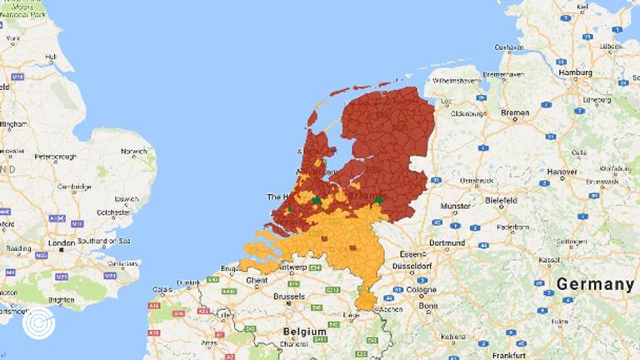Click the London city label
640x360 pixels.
click(x=62, y=243)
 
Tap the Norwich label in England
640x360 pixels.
click(x=133, y=152)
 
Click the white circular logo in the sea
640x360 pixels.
click(x=38, y=322)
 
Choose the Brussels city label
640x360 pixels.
click(x=288, y=296)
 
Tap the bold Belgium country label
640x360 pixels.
click(x=304, y=331)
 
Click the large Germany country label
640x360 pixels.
click(x=595, y=284)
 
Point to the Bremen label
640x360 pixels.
click(x=515, y=112)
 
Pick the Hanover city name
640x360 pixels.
click(x=562, y=172)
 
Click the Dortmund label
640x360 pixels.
click(x=446, y=243)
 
